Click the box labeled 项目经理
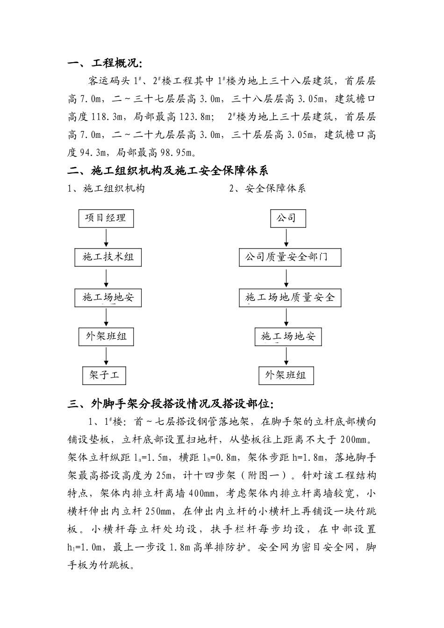106,218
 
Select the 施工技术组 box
108,257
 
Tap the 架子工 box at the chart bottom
104,375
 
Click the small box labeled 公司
288,218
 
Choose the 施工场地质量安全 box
290,298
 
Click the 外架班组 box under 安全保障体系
286,375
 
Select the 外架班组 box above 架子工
106,337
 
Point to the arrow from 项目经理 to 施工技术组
107,238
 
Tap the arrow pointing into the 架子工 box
107,357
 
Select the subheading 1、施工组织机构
106,189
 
